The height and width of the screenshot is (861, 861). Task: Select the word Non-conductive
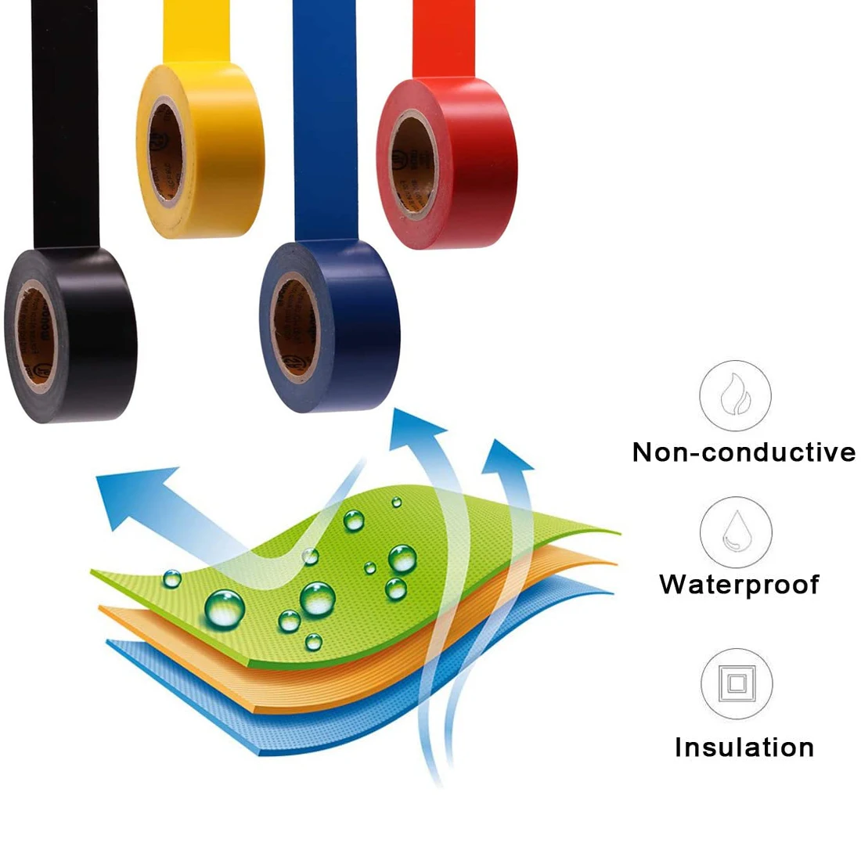[x=744, y=452]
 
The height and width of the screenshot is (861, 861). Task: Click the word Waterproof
[x=740, y=585]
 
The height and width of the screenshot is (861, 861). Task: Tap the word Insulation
[x=744, y=748]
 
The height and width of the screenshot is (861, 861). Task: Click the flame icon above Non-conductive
[x=735, y=395]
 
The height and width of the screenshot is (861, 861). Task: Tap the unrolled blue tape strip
[x=325, y=117]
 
